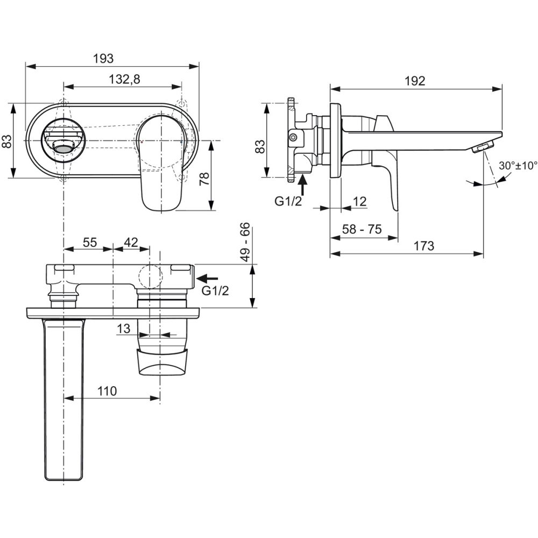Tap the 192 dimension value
(x=415, y=81)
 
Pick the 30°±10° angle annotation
(x=518, y=165)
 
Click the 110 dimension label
(x=107, y=391)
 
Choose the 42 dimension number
(x=131, y=242)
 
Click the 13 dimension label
(x=124, y=328)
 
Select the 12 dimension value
(x=359, y=201)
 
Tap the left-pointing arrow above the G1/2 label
(x=208, y=278)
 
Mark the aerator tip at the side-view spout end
(x=483, y=147)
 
